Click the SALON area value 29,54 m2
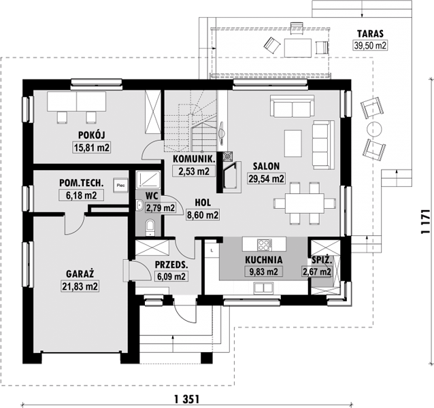tap(266, 179)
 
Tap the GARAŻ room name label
tap(80, 274)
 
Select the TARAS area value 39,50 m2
tap(370, 46)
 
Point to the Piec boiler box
tap(120, 185)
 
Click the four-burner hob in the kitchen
tap(265, 245)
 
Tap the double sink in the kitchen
tap(264, 288)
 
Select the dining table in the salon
tap(305, 203)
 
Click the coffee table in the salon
tap(293, 143)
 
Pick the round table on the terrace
tap(374, 129)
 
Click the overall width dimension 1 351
tap(187, 399)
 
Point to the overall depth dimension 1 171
tap(425, 222)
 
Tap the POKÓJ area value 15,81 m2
tap(92, 148)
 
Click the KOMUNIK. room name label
tap(194, 159)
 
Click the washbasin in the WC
tap(139, 205)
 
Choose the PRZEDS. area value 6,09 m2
tap(171, 276)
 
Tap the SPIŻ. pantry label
tap(322, 260)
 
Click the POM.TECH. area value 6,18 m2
tap(82, 195)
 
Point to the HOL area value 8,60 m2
tap(203, 215)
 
